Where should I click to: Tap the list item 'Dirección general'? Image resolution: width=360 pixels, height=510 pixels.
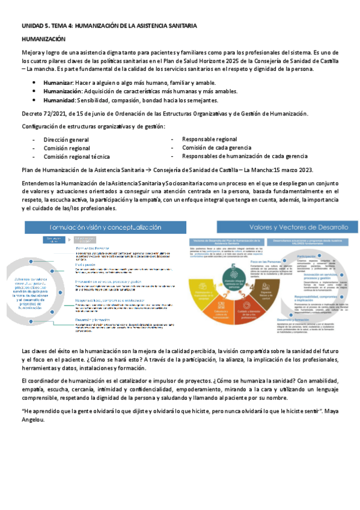click(66, 140)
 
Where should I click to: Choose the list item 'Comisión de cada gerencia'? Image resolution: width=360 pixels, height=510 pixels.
click(216, 147)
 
